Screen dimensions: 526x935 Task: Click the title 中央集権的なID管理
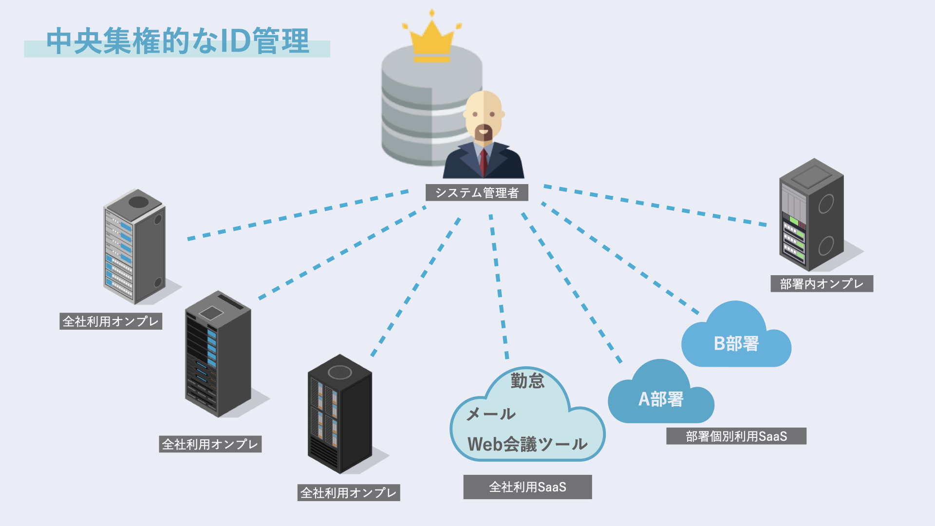tap(178, 41)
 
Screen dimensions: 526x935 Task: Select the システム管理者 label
tap(477, 193)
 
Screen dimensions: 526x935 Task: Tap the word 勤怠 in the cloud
tap(527, 380)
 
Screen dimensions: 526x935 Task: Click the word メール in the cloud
tap(491, 414)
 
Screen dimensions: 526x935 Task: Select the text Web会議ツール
tap(527, 444)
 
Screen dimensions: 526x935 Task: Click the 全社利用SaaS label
tap(527, 487)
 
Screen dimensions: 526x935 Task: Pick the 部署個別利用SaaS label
tap(736, 436)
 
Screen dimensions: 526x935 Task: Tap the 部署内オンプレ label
tap(822, 284)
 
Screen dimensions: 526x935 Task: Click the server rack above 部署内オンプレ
tap(811, 214)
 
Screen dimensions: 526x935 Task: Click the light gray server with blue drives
tap(134, 247)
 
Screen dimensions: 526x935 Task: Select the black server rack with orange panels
tap(339, 414)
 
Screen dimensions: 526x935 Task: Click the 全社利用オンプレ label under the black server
tap(349, 493)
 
